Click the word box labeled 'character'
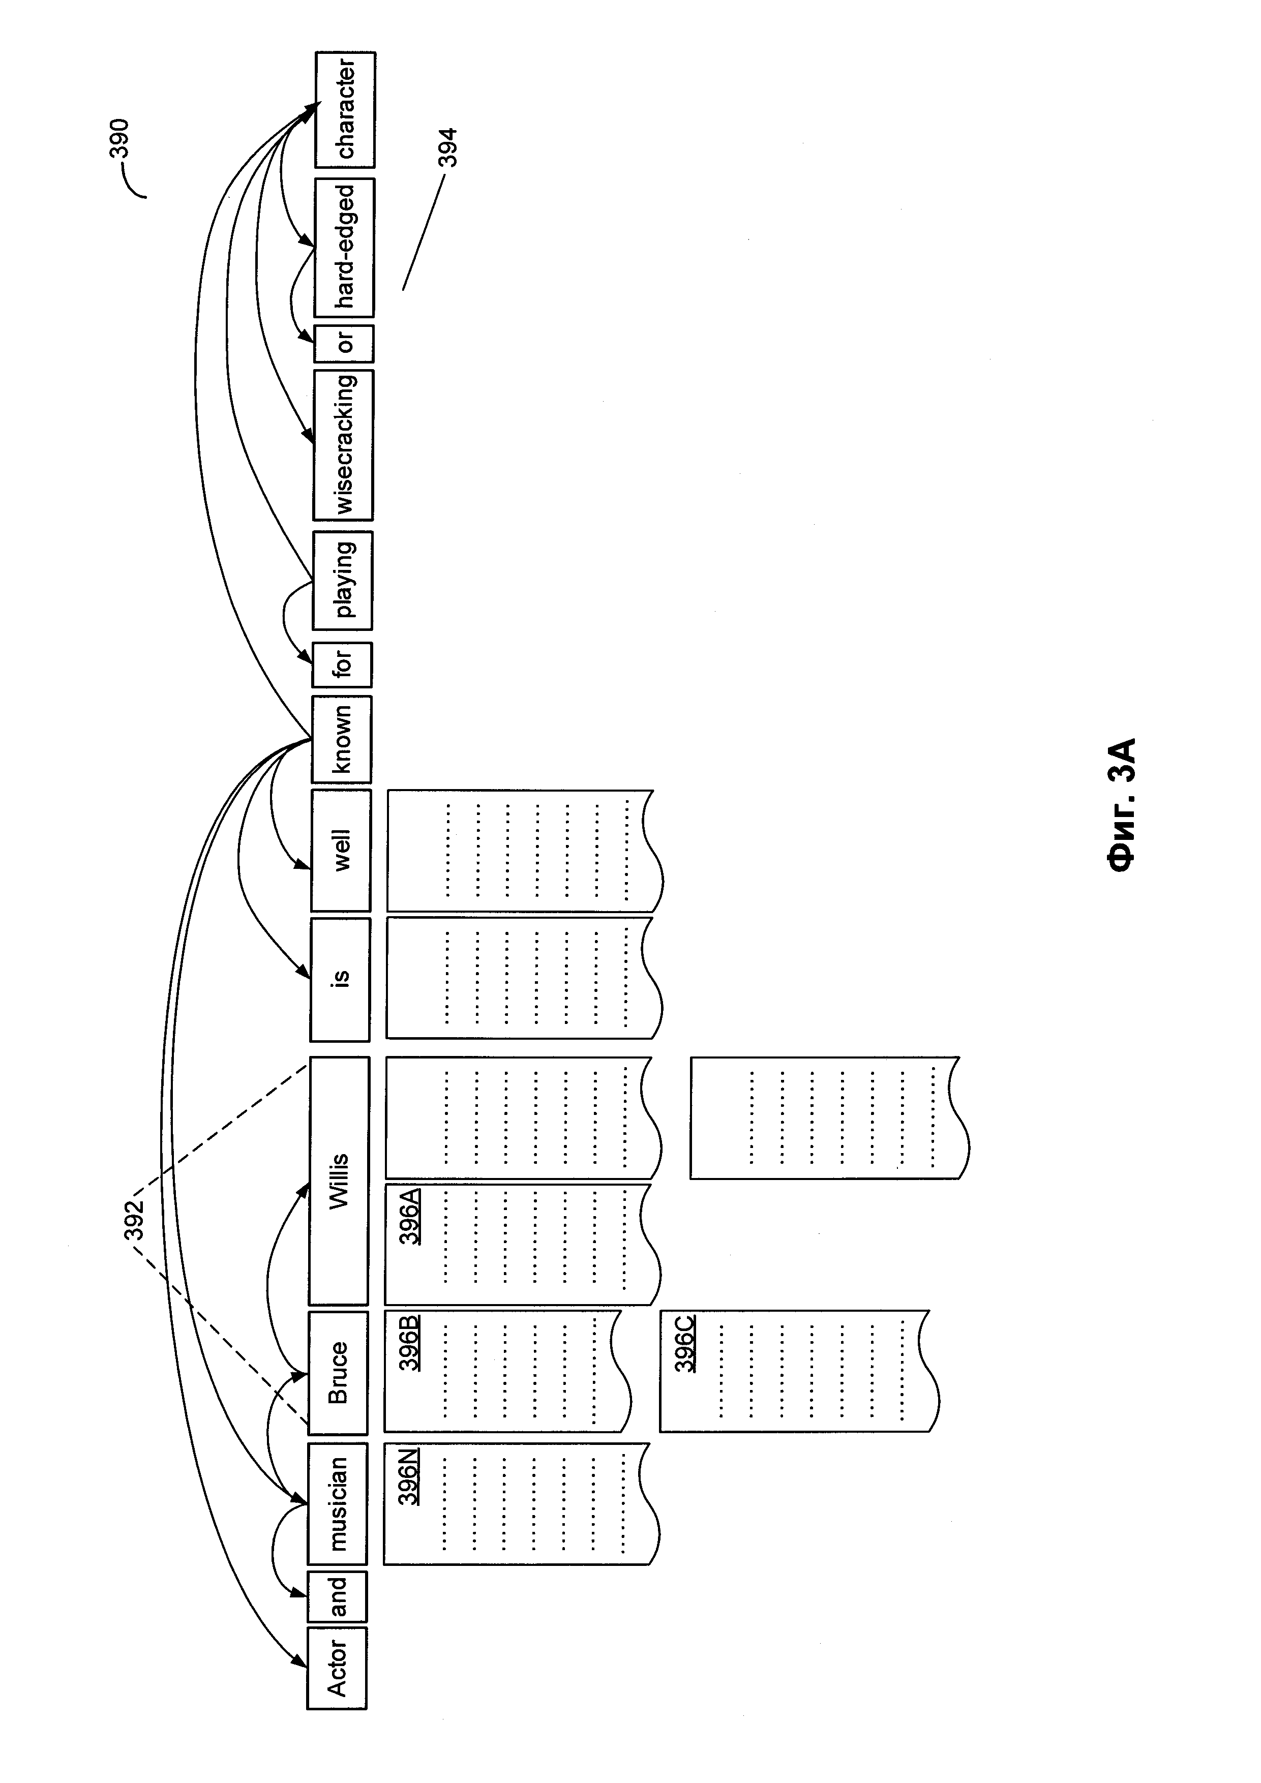(x=345, y=109)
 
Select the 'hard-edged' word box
(x=344, y=247)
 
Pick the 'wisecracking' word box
(x=343, y=445)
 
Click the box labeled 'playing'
(x=342, y=580)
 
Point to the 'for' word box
(x=342, y=664)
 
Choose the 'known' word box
(x=342, y=739)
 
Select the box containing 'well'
(x=341, y=851)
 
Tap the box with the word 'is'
(x=340, y=979)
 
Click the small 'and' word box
(x=337, y=1597)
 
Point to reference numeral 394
(x=447, y=147)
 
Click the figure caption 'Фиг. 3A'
(x=1123, y=804)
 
